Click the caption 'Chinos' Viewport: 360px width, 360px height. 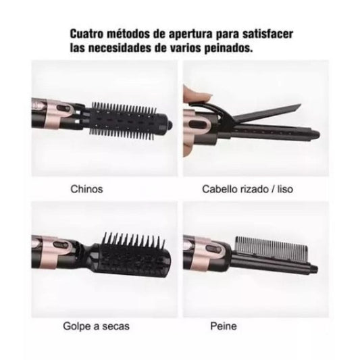[86, 189]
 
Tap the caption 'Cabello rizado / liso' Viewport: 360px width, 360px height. [247, 189]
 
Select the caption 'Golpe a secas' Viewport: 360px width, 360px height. [96, 326]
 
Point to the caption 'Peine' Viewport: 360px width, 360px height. [224, 326]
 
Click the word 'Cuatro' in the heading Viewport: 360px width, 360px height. [86, 34]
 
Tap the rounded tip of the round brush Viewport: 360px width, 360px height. [170, 125]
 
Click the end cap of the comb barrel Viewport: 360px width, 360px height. [314, 268]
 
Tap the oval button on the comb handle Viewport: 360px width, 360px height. [213, 249]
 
